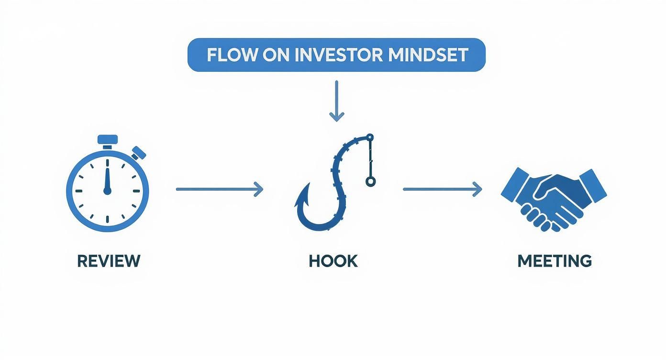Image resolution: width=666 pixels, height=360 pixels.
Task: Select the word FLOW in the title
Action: pos(231,55)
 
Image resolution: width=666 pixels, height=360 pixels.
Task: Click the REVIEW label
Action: pos(109,261)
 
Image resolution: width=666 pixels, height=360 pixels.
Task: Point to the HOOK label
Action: pos(333,261)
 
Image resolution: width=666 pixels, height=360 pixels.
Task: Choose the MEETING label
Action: pos(555,261)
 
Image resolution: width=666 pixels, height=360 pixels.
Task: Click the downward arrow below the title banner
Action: pos(336,101)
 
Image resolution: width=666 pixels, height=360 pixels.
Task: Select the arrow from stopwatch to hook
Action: pos(220,189)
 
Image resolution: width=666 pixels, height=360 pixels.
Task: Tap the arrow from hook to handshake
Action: pos(443,189)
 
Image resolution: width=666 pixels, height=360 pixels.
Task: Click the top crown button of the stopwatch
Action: pos(108,139)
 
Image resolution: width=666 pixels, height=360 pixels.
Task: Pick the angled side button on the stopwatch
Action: pos(138,153)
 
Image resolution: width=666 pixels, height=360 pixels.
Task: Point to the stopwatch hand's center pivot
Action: pos(107,191)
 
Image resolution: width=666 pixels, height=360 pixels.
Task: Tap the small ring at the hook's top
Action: pos(369,137)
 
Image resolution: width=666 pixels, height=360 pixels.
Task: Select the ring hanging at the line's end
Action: pos(370,181)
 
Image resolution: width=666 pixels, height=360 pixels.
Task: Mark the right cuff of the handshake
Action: pos(593,186)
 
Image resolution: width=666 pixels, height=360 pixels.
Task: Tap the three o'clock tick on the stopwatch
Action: pos(136,191)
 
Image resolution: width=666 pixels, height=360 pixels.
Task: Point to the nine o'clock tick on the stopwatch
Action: pos(78,191)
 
